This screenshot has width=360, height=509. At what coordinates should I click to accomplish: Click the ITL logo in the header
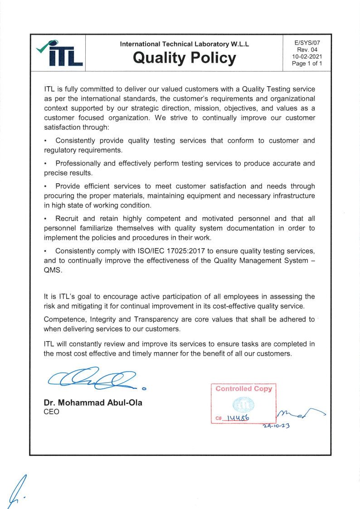(58, 54)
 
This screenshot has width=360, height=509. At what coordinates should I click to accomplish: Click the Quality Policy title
(185, 58)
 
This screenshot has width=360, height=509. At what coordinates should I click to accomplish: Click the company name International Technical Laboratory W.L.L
(185, 44)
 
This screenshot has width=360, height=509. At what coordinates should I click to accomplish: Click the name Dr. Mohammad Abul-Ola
(93, 402)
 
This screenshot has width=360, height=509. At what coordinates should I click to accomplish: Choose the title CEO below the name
(51, 412)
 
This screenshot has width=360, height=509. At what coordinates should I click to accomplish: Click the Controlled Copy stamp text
(243, 389)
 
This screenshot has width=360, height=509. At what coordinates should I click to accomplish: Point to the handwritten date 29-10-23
(277, 426)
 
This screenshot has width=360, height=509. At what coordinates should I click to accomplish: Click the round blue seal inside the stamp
(243, 403)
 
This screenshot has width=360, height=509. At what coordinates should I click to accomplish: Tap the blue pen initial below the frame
(16, 491)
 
